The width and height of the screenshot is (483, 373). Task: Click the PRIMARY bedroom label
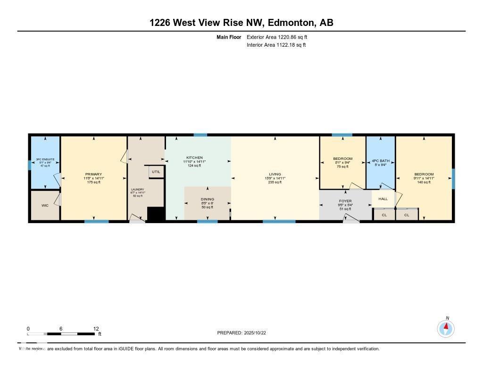(93, 174)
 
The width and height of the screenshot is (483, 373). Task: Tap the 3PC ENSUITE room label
(45, 159)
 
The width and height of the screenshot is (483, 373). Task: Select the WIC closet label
(45, 206)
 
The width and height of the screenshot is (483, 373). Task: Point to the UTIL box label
(156, 172)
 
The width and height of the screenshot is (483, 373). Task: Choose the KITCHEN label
(194, 157)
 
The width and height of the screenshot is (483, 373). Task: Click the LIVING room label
(275, 174)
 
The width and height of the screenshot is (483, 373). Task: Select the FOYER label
(345, 201)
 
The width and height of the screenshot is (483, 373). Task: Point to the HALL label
(383, 199)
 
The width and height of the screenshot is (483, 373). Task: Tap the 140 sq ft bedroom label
(424, 174)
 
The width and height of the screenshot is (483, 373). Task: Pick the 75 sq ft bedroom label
(342, 158)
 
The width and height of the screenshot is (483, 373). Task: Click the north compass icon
(446, 328)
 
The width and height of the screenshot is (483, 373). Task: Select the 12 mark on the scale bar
(96, 329)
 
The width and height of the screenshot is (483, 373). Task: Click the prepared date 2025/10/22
(244, 333)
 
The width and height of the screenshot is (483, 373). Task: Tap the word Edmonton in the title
(291, 23)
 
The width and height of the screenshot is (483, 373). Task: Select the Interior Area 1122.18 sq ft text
(276, 45)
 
